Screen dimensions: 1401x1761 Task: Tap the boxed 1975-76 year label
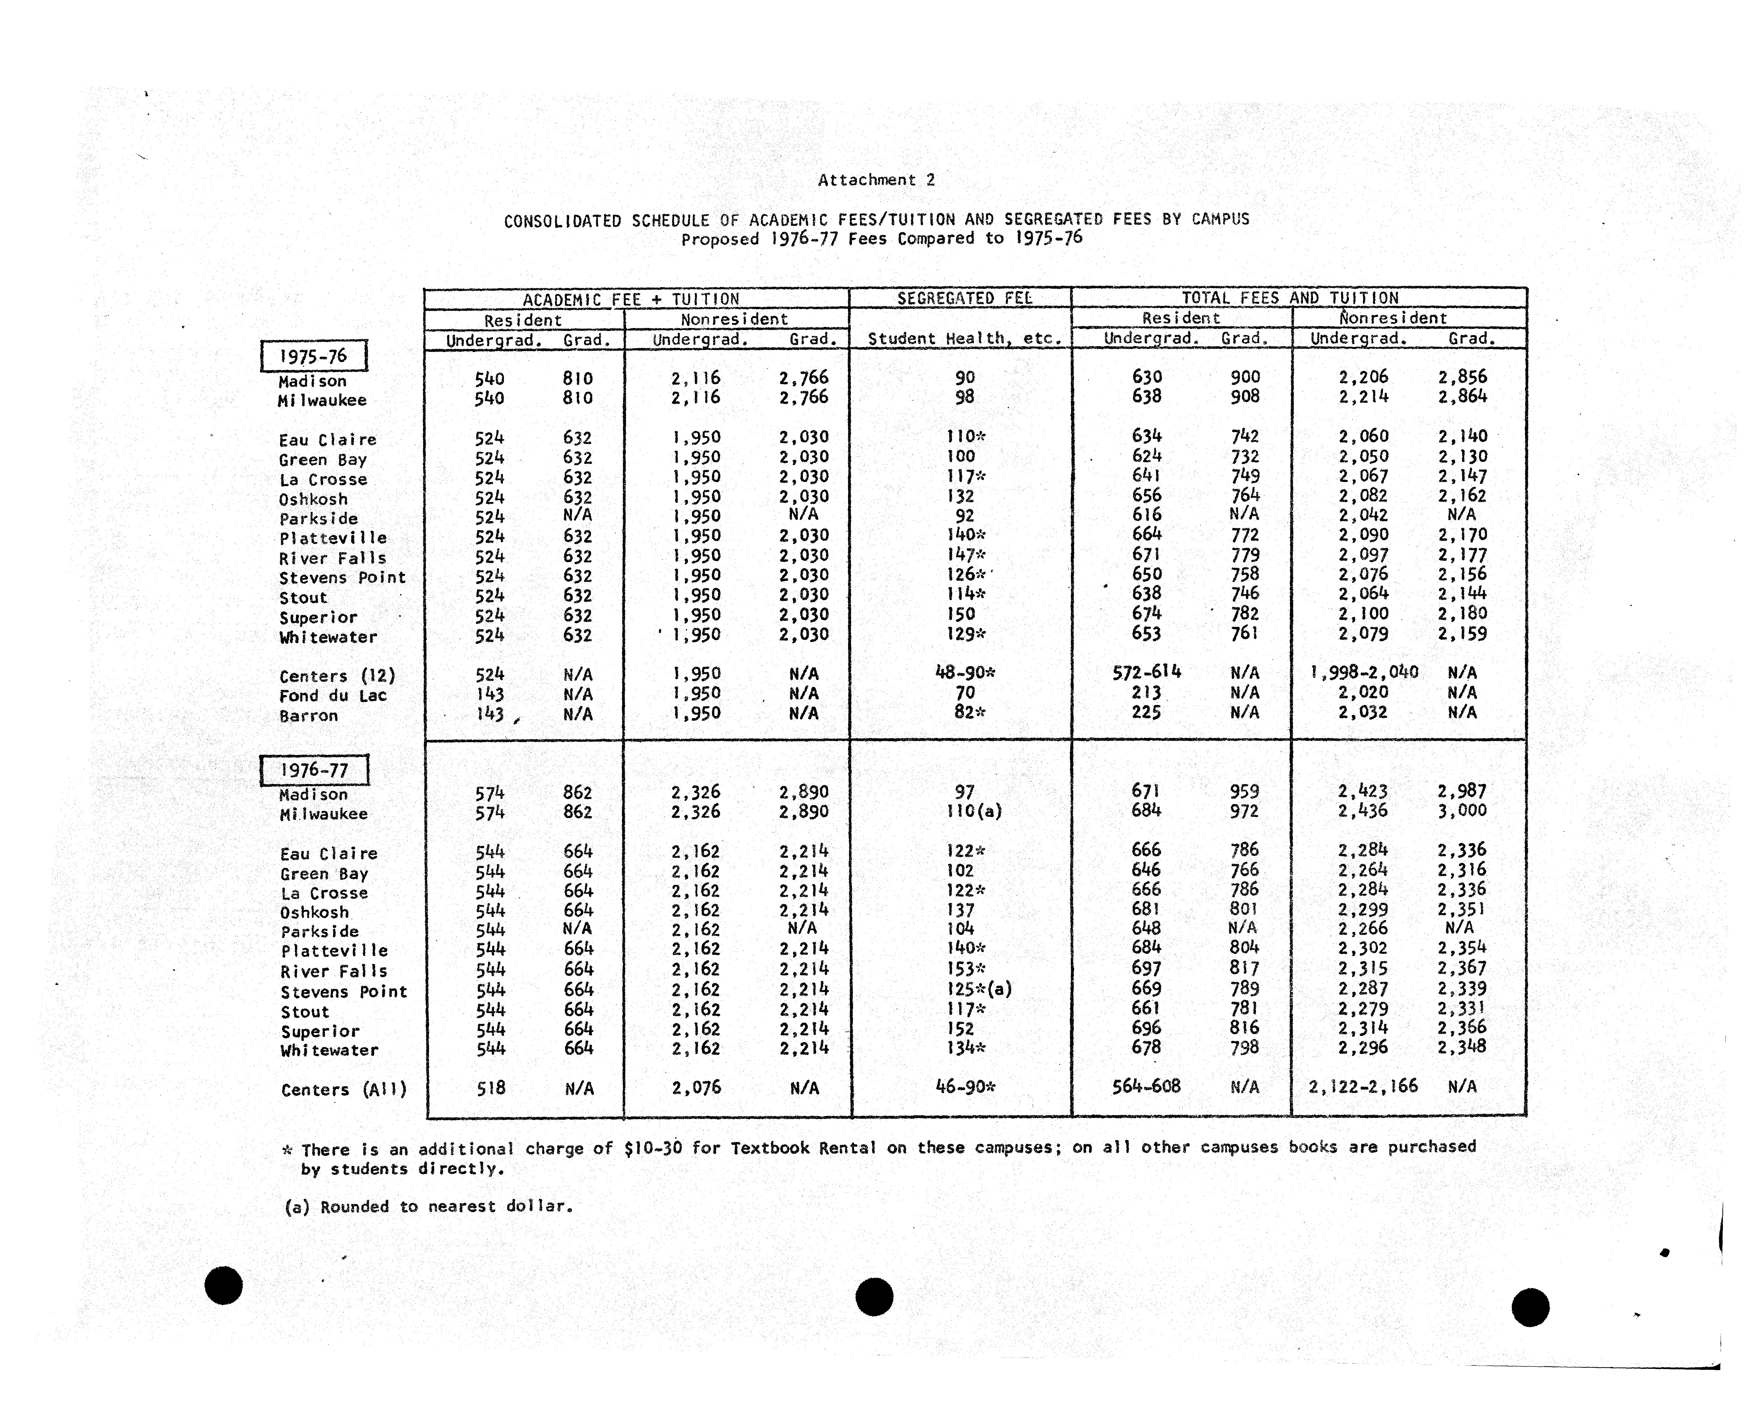pyautogui.click(x=314, y=356)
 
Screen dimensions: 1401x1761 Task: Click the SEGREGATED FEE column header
pyautogui.click(x=965, y=298)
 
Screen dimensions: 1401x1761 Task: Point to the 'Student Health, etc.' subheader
pyautogui.click(x=965, y=338)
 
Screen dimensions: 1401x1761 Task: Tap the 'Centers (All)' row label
pyautogui.click(x=343, y=1090)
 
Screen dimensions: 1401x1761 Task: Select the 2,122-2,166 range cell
pyautogui.click(x=1362, y=1086)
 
